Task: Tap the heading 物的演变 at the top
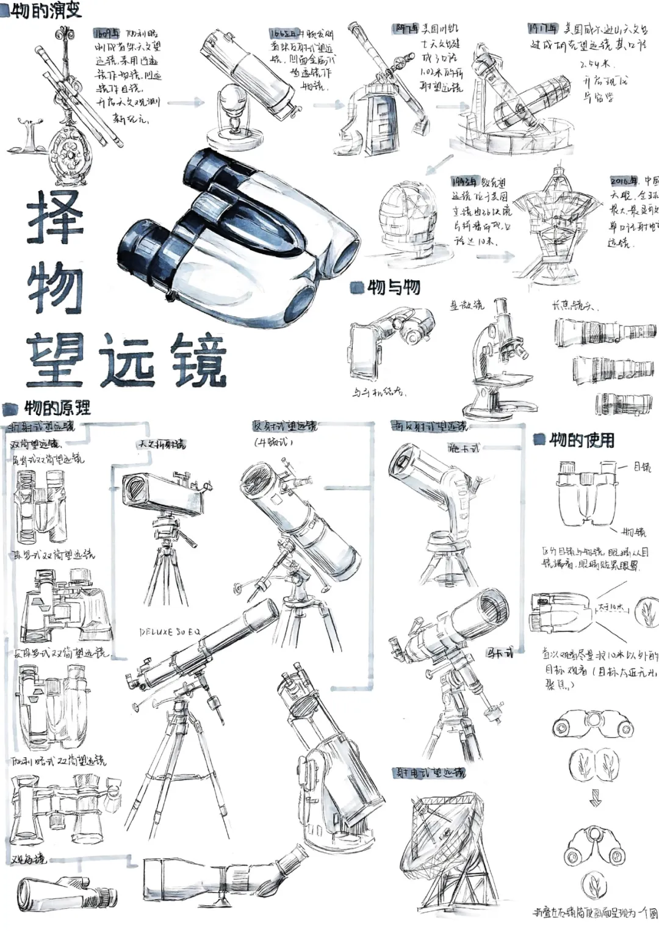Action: (46, 10)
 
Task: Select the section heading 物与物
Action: (393, 287)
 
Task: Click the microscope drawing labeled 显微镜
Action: (497, 360)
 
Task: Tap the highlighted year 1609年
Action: (107, 33)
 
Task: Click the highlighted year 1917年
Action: (542, 28)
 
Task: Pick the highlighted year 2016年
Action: (624, 181)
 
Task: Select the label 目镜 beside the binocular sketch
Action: (641, 467)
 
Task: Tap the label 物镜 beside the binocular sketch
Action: (633, 532)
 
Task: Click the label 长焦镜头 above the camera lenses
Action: (573, 305)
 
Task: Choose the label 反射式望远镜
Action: (284, 426)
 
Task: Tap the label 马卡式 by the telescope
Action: (499, 653)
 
